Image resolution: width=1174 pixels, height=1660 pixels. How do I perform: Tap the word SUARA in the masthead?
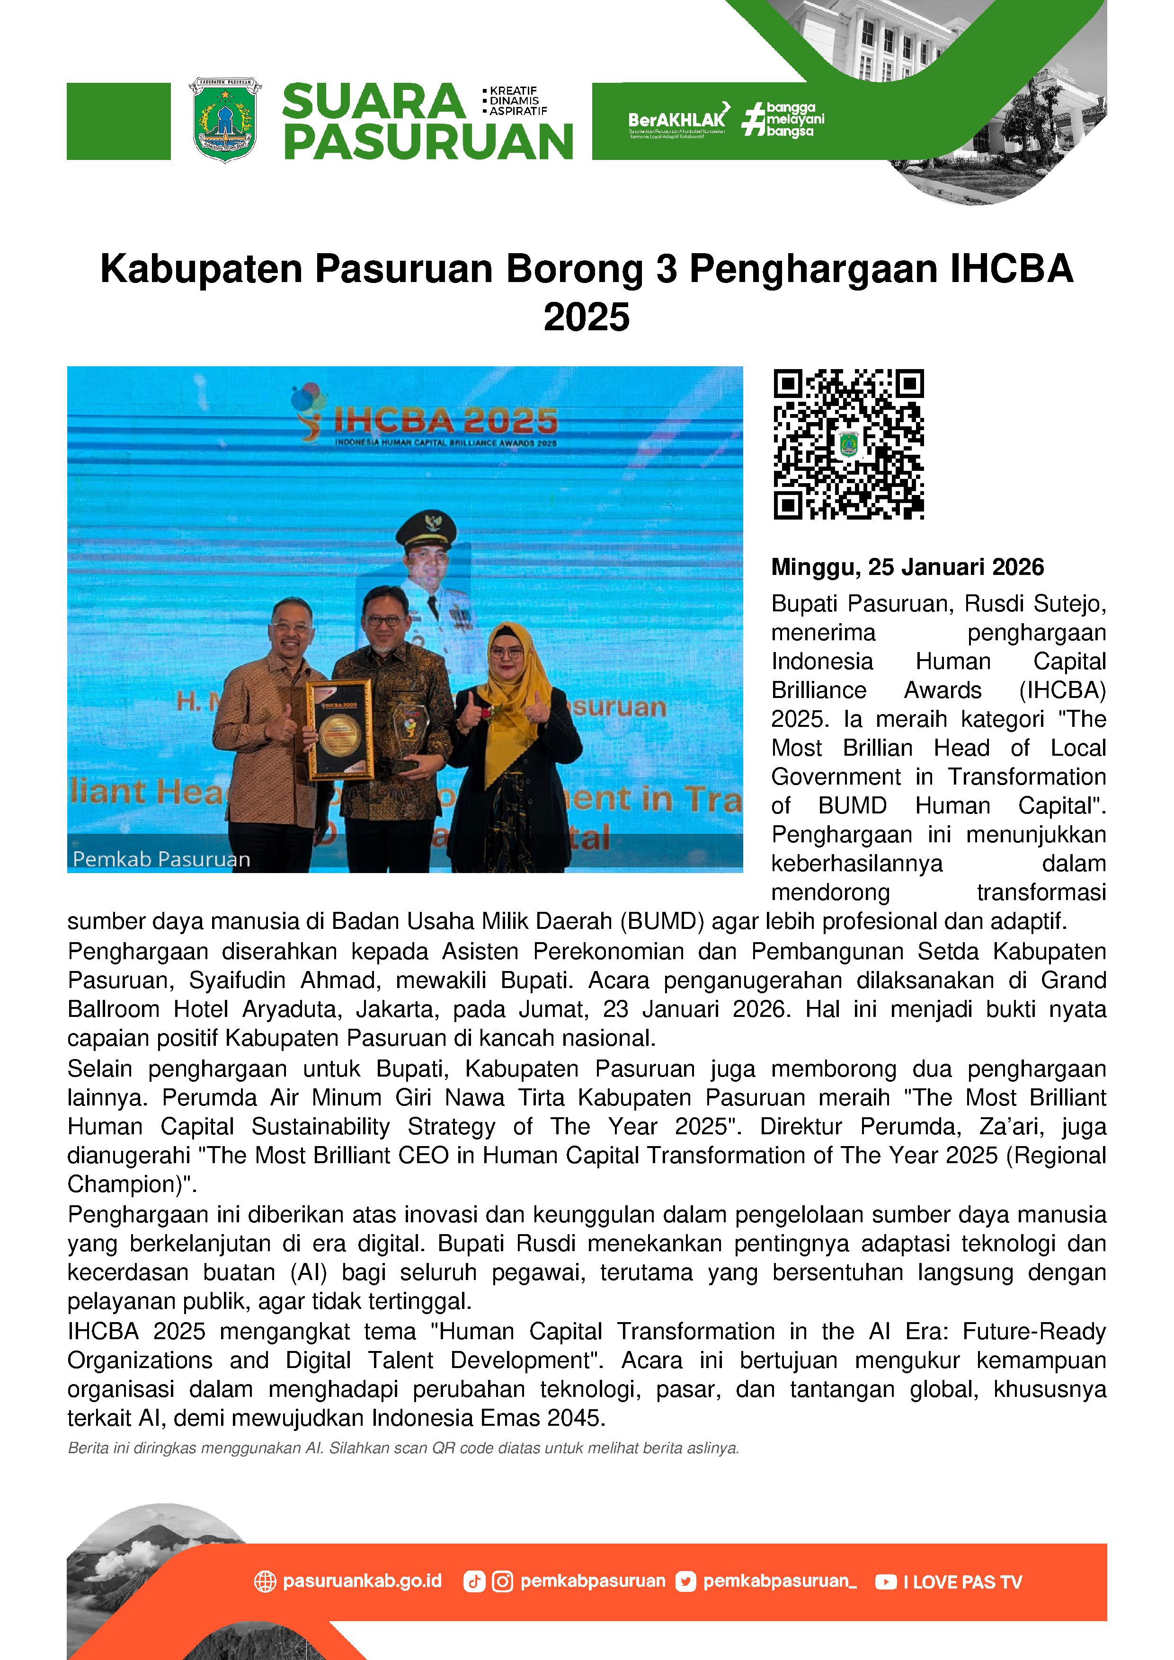click(x=373, y=102)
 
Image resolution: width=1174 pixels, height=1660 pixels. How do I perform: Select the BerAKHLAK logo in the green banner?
click(x=677, y=119)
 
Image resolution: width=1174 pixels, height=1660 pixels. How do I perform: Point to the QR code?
click(x=848, y=444)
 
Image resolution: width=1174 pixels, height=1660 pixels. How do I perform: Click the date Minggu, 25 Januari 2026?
click(x=907, y=567)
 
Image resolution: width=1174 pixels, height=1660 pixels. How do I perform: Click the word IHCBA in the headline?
click(x=1011, y=269)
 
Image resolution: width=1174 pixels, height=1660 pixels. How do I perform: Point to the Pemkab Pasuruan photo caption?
click(x=161, y=859)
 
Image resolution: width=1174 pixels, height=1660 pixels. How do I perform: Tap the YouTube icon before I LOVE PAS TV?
click(x=885, y=1582)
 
